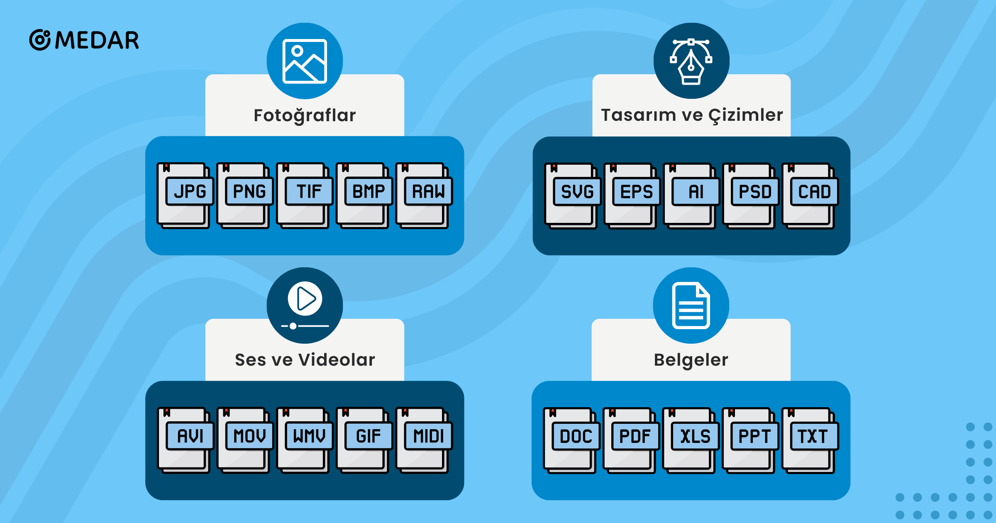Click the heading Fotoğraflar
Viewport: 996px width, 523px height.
coord(305,115)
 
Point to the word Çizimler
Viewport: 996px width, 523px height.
coord(745,115)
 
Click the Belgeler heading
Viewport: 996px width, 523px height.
coord(691,360)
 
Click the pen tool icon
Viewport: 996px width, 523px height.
coord(691,61)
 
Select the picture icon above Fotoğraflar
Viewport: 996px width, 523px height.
coord(305,61)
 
